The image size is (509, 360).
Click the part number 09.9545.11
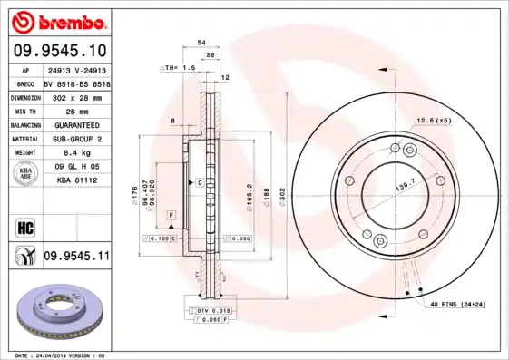pos(76,257)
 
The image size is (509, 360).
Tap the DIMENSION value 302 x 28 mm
pos(76,96)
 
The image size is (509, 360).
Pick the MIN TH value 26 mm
pos(76,110)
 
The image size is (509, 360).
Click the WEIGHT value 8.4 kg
pos(76,153)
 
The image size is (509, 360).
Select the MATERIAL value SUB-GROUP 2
pos(76,139)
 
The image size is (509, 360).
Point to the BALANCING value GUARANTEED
pos(76,124)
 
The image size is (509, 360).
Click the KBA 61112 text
pos(76,181)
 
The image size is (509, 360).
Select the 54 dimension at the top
pos(201,43)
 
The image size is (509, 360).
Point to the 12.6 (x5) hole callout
pos(434,121)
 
